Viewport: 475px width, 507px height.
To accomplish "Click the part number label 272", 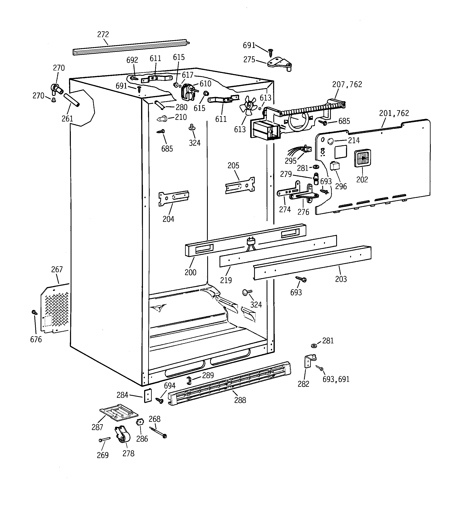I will point(103,34).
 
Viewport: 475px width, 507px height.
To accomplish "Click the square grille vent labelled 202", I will point(362,158).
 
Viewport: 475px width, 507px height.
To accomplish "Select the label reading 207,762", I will point(347,84).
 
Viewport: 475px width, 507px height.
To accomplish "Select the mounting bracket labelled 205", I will point(240,185).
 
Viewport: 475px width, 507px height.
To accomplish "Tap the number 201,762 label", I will point(394,113).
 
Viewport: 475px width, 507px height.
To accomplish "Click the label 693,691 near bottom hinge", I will point(336,380).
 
